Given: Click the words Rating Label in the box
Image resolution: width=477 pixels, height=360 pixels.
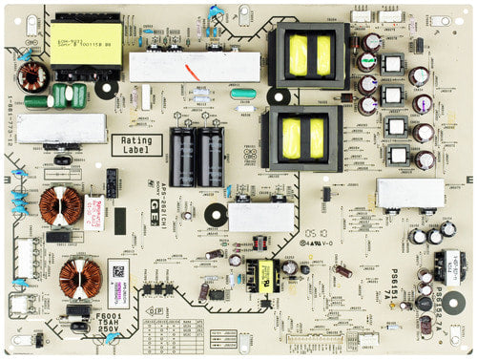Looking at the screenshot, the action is coord(137,145).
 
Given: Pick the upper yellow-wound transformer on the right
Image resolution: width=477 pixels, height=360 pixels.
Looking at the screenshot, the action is coord(309,52).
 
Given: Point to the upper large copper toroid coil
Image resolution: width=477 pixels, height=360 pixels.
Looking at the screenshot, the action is coord(61,205).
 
